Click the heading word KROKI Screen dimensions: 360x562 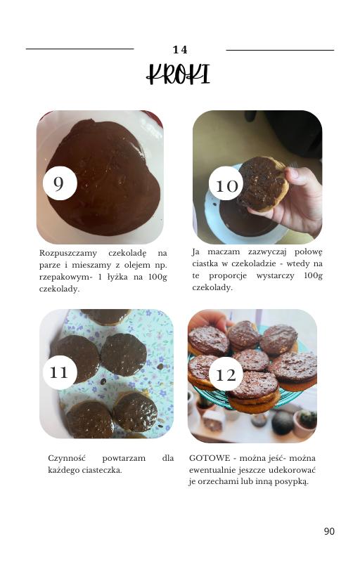click(x=178, y=74)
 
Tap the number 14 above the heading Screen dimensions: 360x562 click(x=180, y=50)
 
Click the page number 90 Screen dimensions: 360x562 click(x=329, y=531)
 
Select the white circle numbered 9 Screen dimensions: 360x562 click(x=60, y=183)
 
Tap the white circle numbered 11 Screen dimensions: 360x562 click(x=60, y=372)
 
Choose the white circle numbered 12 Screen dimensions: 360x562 click(x=226, y=374)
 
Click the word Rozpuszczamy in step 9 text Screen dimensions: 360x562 click(x=68, y=254)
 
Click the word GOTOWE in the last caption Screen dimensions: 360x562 click(x=210, y=458)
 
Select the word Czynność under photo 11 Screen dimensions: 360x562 click(x=67, y=459)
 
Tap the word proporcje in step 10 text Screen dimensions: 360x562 click(x=228, y=276)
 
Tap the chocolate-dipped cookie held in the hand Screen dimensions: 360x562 click(x=262, y=183)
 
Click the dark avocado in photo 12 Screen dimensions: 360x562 click(x=282, y=423)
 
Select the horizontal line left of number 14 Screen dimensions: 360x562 click(x=80, y=48)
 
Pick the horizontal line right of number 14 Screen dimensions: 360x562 click(x=280, y=50)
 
